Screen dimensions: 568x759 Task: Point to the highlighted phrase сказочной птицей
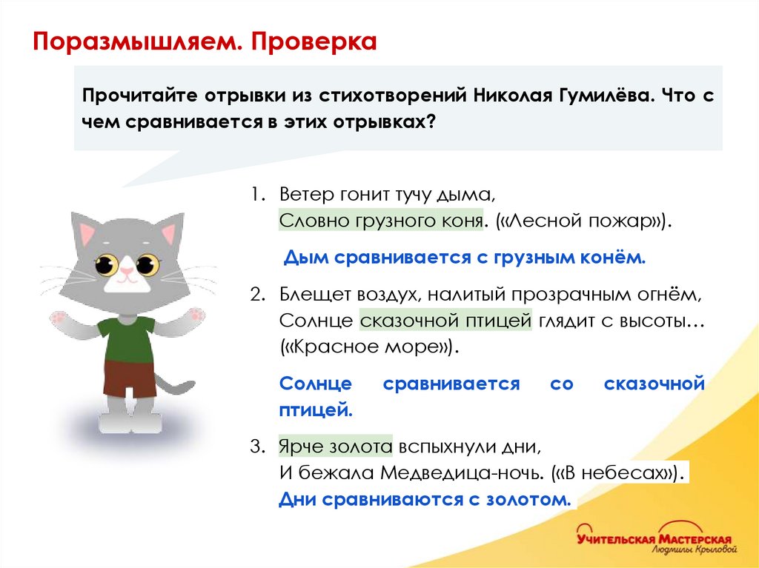[x=445, y=322]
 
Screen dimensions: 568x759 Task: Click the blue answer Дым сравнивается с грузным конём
[x=465, y=258]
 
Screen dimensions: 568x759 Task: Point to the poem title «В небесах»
[x=622, y=473]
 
